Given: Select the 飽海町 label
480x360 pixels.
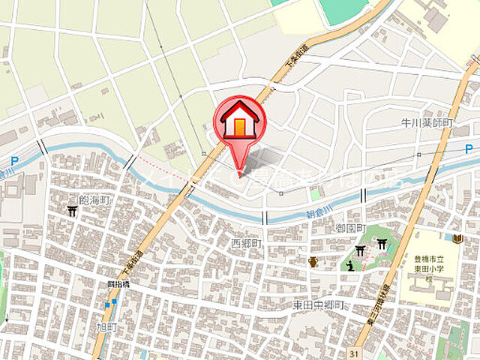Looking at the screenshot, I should pyautogui.click(x=94, y=200).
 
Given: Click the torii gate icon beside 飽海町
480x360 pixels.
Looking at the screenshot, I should pyautogui.click(x=71, y=211).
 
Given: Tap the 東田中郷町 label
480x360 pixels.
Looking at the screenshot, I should pyautogui.click(x=318, y=305).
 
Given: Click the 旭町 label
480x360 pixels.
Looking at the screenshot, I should pyautogui.click(x=107, y=328).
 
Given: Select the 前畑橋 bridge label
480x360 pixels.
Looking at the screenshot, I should pyautogui.click(x=118, y=284).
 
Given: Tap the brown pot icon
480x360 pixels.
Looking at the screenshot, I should pyautogui.click(x=313, y=262).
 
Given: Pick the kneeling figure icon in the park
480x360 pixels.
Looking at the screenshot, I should pyautogui.click(x=349, y=265).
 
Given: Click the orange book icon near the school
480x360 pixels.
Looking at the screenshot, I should pyautogui.click(x=458, y=238).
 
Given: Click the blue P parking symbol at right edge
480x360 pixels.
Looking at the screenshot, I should pyautogui.click(x=467, y=148).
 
